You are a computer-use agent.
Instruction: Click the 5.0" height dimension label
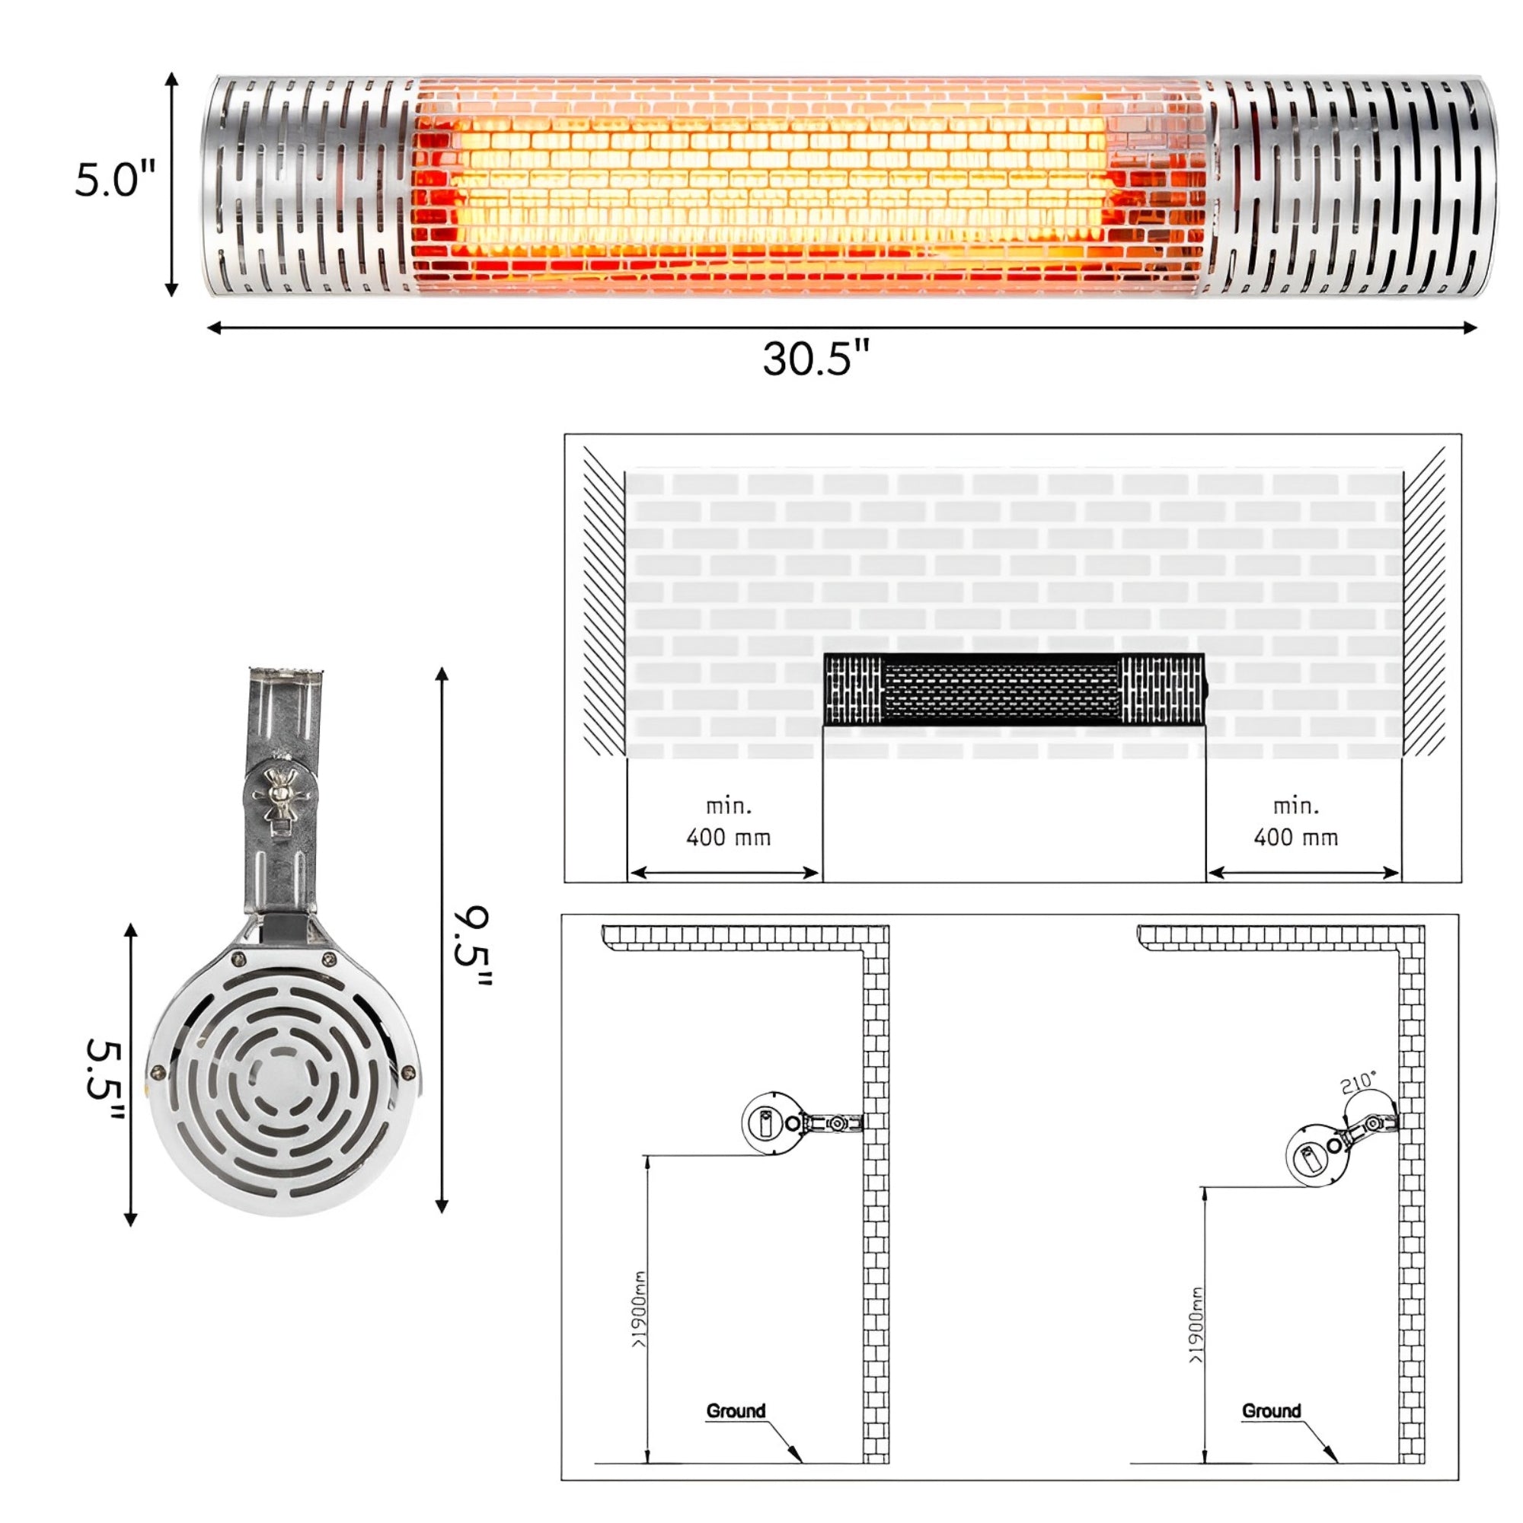(x=115, y=180)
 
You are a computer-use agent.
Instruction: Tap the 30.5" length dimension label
(x=816, y=358)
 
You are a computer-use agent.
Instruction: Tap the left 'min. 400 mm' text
(x=729, y=822)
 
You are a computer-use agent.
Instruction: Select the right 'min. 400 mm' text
(x=1296, y=822)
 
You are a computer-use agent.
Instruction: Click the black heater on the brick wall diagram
(x=1014, y=689)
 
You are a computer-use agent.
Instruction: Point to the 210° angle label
(x=1358, y=1083)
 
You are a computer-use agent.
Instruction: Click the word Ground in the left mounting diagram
(x=736, y=1411)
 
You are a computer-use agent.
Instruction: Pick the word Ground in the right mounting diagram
(x=1271, y=1411)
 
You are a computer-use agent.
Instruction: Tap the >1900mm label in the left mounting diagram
(x=640, y=1309)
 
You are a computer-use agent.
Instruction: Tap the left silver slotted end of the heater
(x=308, y=186)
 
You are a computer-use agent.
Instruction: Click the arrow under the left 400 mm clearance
(x=724, y=872)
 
